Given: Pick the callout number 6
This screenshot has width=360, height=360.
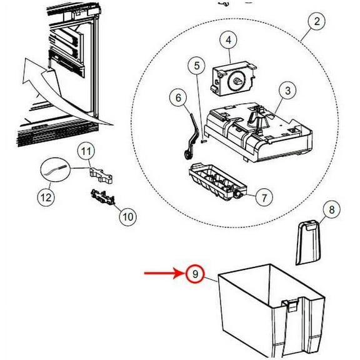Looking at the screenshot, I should point(177,98).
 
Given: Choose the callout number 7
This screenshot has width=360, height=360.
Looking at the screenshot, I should point(264,198).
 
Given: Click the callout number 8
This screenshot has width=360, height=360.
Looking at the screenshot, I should point(332,210).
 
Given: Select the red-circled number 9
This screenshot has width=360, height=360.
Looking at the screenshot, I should point(194,273).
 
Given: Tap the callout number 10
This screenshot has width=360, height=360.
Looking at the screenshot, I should point(127,217).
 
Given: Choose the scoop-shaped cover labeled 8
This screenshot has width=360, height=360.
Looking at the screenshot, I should point(308,244).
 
